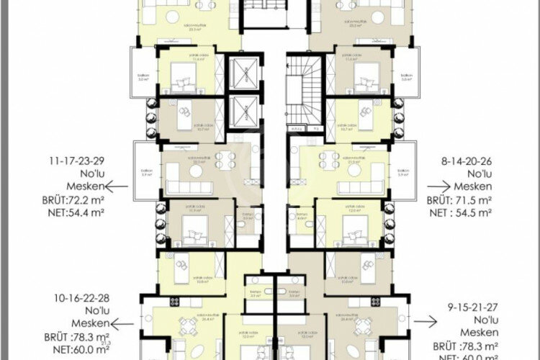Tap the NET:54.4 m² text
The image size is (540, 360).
tap(63, 213)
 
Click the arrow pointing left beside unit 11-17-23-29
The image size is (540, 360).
tap(120, 186)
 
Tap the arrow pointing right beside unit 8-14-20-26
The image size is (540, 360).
tap(438, 187)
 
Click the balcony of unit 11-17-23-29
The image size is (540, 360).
tap(145, 171)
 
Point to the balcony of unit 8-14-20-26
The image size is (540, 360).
tap(404, 171)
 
